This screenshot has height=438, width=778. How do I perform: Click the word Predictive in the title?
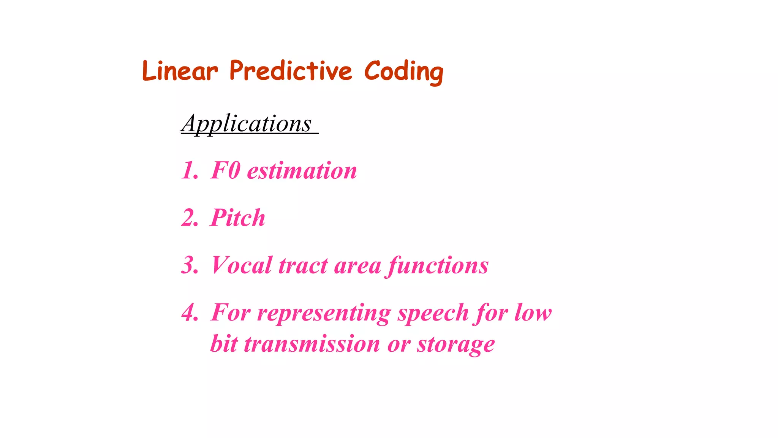click(291, 71)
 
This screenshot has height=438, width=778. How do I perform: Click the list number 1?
click(189, 170)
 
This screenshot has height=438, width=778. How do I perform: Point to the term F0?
click(225, 170)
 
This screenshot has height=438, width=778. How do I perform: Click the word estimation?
click(302, 171)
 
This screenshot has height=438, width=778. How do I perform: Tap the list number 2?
click(190, 218)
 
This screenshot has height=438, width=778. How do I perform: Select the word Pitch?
click(238, 218)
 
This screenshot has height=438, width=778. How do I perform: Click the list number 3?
click(190, 265)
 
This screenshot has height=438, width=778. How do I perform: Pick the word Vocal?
click(242, 265)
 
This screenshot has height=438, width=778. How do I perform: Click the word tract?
click(303, 266)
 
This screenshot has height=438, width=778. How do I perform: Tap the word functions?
click(438, 266)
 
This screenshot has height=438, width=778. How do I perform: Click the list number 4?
click(190, 313)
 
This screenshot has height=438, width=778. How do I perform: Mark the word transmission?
click(312, 344)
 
